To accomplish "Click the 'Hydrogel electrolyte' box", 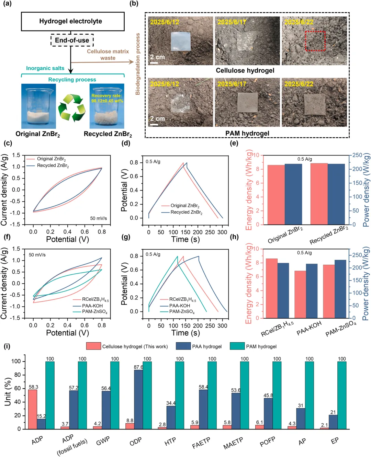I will point(72,21).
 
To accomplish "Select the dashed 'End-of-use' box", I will point(72,40).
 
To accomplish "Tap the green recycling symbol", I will point(72,107).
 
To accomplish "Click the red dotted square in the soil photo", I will point(315,41).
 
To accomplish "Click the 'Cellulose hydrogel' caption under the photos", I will point(245,70).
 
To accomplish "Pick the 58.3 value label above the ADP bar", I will point(33,387).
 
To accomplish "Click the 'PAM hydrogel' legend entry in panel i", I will point(261,346).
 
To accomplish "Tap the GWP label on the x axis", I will point(103,441).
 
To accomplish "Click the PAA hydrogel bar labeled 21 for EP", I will point(333,422).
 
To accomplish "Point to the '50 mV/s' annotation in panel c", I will point(98,218).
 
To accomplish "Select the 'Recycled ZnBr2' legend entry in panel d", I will point(186,212).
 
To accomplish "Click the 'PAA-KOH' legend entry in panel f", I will point(92,306).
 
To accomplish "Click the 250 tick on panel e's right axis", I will point(357,155).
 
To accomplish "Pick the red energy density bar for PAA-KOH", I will point(300,294).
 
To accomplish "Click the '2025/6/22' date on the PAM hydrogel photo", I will point(299,84).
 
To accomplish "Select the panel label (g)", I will point(126,237).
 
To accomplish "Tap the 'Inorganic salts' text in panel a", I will point(45,68).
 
